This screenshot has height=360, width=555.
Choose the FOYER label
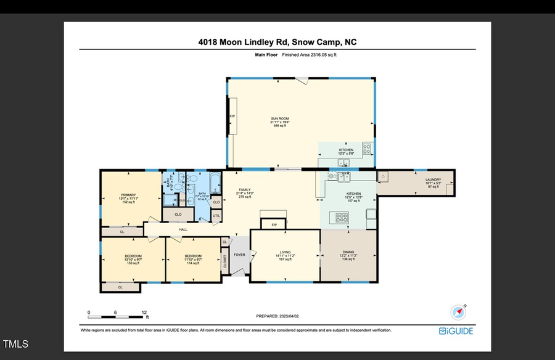click(x=239, y=255)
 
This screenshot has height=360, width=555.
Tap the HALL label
click(x=183, y=229)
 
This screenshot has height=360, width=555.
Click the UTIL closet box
click(x=216, y=216)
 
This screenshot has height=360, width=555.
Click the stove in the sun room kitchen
click(x=366, y=149)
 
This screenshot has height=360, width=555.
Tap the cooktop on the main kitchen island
click(x=341, y=217)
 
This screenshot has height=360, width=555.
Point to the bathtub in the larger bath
click(x=214, y=183)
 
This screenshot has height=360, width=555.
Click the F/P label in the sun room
click(x=232, y=117)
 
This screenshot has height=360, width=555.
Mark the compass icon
click(x=458, y=312)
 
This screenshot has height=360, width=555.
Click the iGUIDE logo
click(x=456, y=331)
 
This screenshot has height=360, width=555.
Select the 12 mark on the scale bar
click(x=144, y=312)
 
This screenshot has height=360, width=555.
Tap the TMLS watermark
click(x=15, y=344)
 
